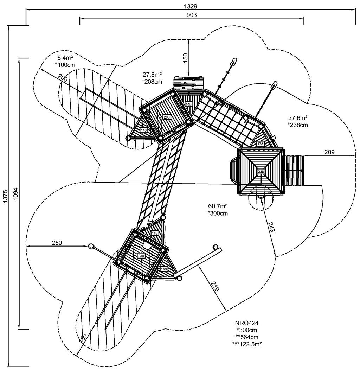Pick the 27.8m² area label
pyautogui.click(x=152, y=75)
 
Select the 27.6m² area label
pyautogui.click(x=298, y=118)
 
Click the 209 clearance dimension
pyautogui.click(x=329, y=152)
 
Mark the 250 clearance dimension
pyautogui.click(x=57, y=243)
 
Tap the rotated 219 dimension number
pyautogui.click(x=214, y=287)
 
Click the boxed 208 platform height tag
pyautogui.click(x=167, y=117)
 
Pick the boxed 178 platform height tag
pyautogui.click(x=261, y=144)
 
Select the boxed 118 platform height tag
pyautogui.click(x=155, y=233)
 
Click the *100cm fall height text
pyautogui.click(x=66, y=65)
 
